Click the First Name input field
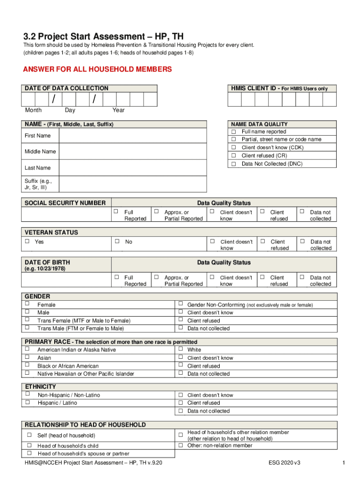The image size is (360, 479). [133, 136]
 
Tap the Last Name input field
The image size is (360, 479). [133, 167]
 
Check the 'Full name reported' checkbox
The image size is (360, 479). [233, 131]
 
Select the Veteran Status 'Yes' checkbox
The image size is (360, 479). [27, 241]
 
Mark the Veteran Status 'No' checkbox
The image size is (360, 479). [117, 241]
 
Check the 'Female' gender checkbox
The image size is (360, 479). [27, 305]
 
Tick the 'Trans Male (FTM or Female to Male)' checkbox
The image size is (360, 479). [27, 328]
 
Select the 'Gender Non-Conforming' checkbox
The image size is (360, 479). [180, 305]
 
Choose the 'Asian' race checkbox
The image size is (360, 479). [27, 357]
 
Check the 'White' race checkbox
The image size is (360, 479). [180, 349]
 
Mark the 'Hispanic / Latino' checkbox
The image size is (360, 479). [27, 402]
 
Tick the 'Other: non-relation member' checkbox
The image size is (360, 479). [180, 445]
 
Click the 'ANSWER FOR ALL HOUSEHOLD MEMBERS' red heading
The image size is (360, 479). [98, 70]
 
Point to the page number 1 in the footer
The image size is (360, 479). [343, 463]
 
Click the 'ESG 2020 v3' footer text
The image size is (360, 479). [284, 463]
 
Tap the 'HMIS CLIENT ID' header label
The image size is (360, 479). [253, 88]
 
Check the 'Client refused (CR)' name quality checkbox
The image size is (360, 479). [233, 155]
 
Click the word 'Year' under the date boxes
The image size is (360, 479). [118, 110]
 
